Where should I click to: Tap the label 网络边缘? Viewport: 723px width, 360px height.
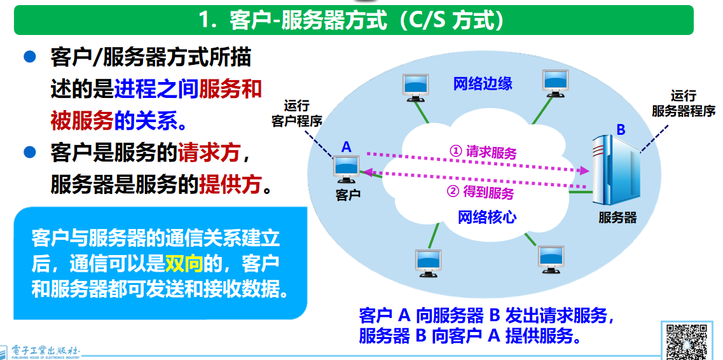(482, 84)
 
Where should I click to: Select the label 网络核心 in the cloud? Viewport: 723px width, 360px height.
(487, 217)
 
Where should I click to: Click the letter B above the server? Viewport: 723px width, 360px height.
(621, 130)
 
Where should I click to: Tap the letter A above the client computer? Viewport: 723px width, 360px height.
(346, 147)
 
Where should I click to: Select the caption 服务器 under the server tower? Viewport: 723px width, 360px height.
(617, 218)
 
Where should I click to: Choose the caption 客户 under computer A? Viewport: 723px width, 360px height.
(347, 195)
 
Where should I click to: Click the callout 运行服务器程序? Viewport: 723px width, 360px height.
(684, 104)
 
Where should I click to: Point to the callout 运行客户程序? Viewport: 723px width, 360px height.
(296, 113)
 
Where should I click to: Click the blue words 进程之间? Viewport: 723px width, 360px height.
(156, 89)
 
